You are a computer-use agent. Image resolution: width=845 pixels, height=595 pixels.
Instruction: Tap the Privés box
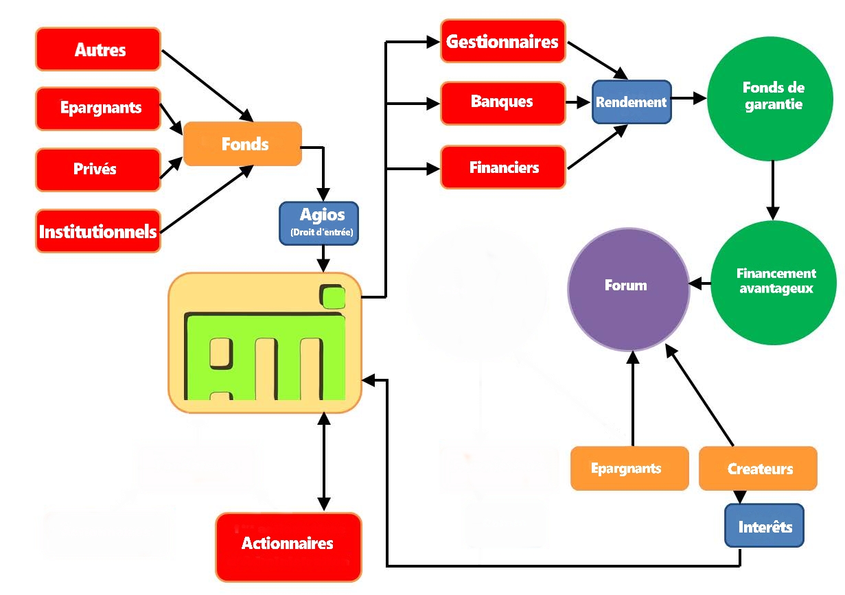click(x=98, y=169)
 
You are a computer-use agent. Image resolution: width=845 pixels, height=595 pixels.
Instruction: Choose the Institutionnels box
click(x=98, y=231)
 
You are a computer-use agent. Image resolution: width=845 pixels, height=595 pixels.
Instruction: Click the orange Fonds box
click(x=243, y=144)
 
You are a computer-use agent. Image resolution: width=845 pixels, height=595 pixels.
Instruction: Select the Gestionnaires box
click(x=503, y=42)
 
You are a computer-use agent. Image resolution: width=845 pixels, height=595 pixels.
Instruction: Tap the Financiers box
click(x=503, y=167)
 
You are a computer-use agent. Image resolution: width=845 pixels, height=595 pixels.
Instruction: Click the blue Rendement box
click(x=632, y=102)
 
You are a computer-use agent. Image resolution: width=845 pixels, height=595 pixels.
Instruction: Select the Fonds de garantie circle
click(x=773, y=97)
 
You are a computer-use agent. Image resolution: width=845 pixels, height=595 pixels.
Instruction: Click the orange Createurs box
click(x=759, y=469)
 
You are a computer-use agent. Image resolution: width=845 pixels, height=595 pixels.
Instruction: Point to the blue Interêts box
click(x=765, y=527)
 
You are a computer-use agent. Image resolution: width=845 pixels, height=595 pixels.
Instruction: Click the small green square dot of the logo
click(x=334, y=296)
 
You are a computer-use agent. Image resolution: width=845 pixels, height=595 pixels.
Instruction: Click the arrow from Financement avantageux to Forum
click(x=700, y=282)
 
